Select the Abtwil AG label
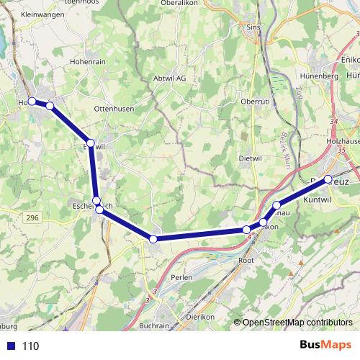point(169,78)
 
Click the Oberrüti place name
point(254,102)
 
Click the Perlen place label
point(181,277)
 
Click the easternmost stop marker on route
point(328,179)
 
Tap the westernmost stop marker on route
point(32,102)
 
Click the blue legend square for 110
point(10,346)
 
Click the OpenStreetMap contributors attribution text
point(297,323)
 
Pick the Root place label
point(246,260)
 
